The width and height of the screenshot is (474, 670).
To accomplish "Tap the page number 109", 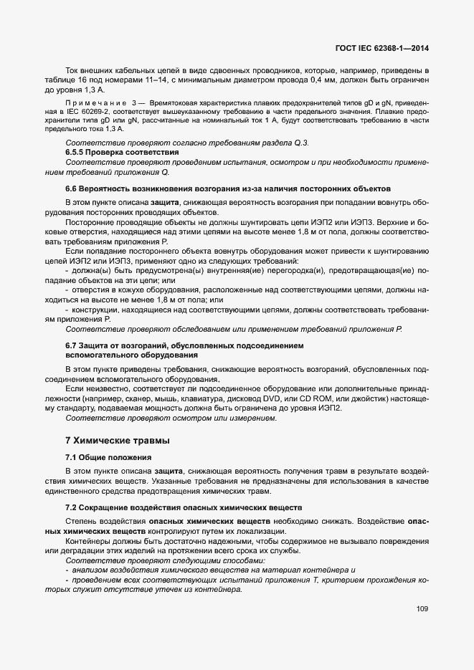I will point(422,609).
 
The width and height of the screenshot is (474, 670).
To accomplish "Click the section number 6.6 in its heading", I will point(72,188).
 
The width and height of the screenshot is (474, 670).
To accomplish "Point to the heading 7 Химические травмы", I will point(118,440).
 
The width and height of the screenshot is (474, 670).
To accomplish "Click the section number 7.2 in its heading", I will point(72,507).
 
